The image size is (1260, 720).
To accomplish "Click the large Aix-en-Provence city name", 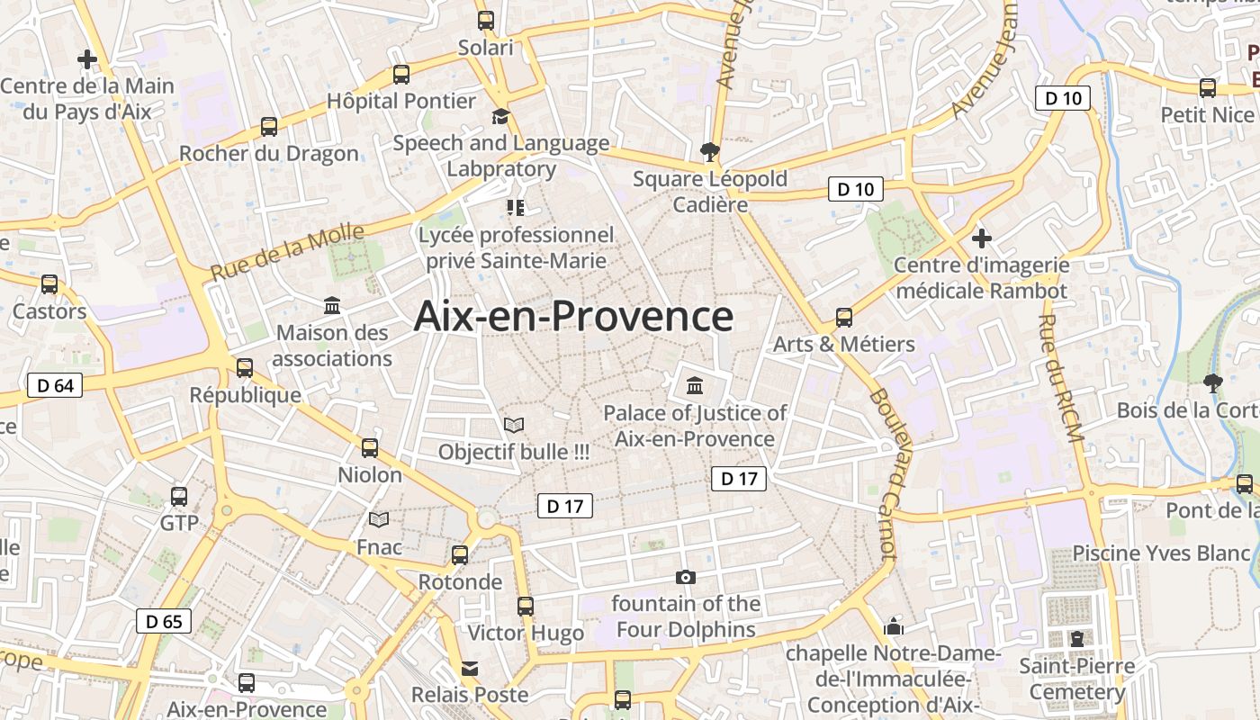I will tap(573, 317).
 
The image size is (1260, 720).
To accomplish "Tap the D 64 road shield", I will tap(55, 386).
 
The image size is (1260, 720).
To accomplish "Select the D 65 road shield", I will tap(164, 621).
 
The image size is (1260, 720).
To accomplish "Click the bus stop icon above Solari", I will tap(486, 20).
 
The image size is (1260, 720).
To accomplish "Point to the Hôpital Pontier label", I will tap(401, 101).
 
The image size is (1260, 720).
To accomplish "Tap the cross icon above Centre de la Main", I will tap(87, 59).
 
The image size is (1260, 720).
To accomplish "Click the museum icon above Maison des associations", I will tap(332, 306).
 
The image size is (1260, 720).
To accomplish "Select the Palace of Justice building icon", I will tap(695, 386).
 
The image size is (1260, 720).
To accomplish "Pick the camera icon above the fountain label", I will tap(686, 577).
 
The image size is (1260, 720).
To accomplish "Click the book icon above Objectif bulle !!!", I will tap(514, 425).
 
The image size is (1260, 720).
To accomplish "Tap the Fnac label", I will tap(379, 546).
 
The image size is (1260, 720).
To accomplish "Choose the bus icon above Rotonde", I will tap(460, 555).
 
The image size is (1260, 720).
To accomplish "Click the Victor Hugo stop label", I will tap(526, 633).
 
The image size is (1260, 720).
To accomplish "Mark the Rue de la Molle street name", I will tap(288, 251).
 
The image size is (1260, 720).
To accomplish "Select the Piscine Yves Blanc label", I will tap(1161, 553).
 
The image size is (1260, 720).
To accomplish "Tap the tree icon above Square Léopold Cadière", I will tap(710, 151).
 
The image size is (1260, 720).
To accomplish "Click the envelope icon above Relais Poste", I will tap(470, 669).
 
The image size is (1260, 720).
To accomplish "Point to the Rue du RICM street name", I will tap(1059, 378).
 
